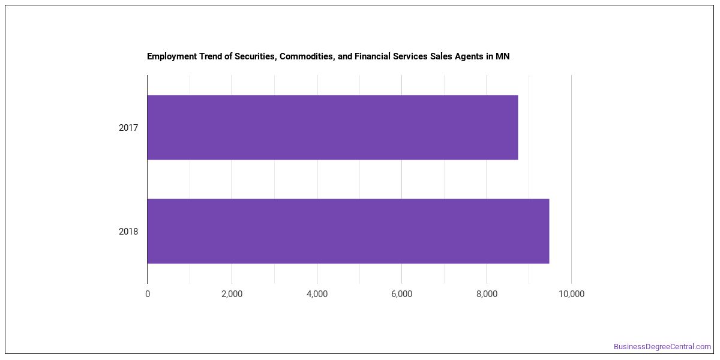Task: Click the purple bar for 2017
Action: pos(332,127)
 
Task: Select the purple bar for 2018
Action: pos(349,231)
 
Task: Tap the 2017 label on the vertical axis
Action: pos(128,128)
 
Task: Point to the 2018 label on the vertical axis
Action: pos(128,232)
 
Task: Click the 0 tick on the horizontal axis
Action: pos(148,294)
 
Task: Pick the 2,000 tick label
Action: pos(232,294)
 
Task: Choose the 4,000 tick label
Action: pos(317,294)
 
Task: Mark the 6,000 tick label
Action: pos(402,294)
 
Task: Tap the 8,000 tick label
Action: pos(487,294)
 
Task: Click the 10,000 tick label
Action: pos(571,294)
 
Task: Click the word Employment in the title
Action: pos(172,56)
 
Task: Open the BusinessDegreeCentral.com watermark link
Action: pos(662,347)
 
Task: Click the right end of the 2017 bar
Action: pos(518,127)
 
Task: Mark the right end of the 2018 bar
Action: pos(550,231)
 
